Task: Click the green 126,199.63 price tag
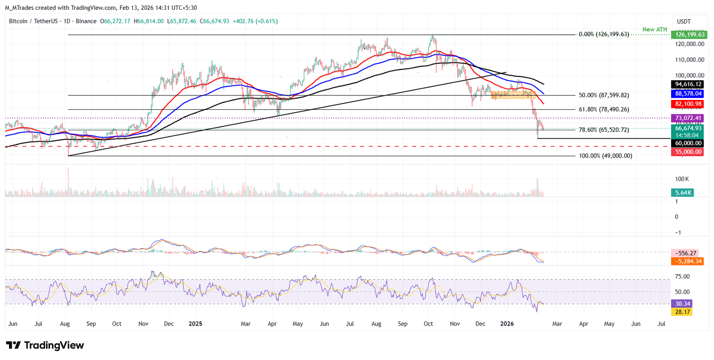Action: tap(689, 34)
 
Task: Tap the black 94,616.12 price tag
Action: tap(688, 84)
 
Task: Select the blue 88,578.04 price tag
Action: tap(688, 94)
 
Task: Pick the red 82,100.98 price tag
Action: tap(688, 104)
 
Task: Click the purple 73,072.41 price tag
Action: tap(688, 118)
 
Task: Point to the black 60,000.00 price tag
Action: tap(688, 143)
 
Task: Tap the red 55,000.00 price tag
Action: tap(688, 152)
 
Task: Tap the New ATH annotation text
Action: tap(655, 29)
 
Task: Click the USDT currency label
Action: tap(684, 21)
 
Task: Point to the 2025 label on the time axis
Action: tap(195, 324)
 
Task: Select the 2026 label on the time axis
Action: tap(506, 324)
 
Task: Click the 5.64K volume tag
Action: tap(683, 193)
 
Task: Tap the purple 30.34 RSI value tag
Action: tap(682, 303)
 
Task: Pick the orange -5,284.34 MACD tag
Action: tap(688, 261)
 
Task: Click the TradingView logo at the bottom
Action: tap(45, 345)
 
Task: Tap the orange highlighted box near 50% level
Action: tap(513, 95)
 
